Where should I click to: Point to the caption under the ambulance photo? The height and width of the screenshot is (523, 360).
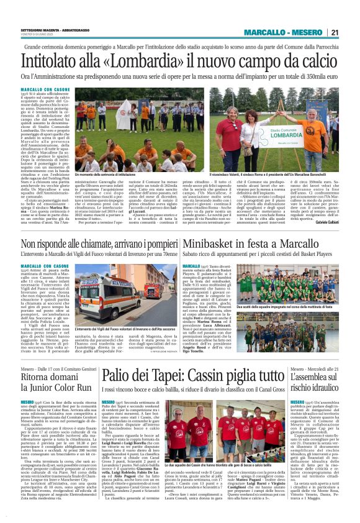click(x=124, y=328)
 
